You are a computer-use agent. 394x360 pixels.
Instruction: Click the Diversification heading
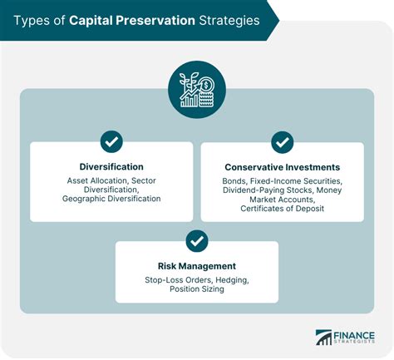[x=111, y=166]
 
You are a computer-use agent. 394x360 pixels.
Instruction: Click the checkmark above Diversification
[x=111, y=141]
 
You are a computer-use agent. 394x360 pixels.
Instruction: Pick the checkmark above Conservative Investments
[x=282, y=141]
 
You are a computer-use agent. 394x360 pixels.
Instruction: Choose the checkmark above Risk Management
[x=197, y=240]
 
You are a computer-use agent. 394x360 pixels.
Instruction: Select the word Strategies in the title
[x=230, y=19]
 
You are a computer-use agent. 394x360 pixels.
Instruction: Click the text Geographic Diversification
[x=111, y=199]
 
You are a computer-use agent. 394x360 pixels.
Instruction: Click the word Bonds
[x=235, y=180]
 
